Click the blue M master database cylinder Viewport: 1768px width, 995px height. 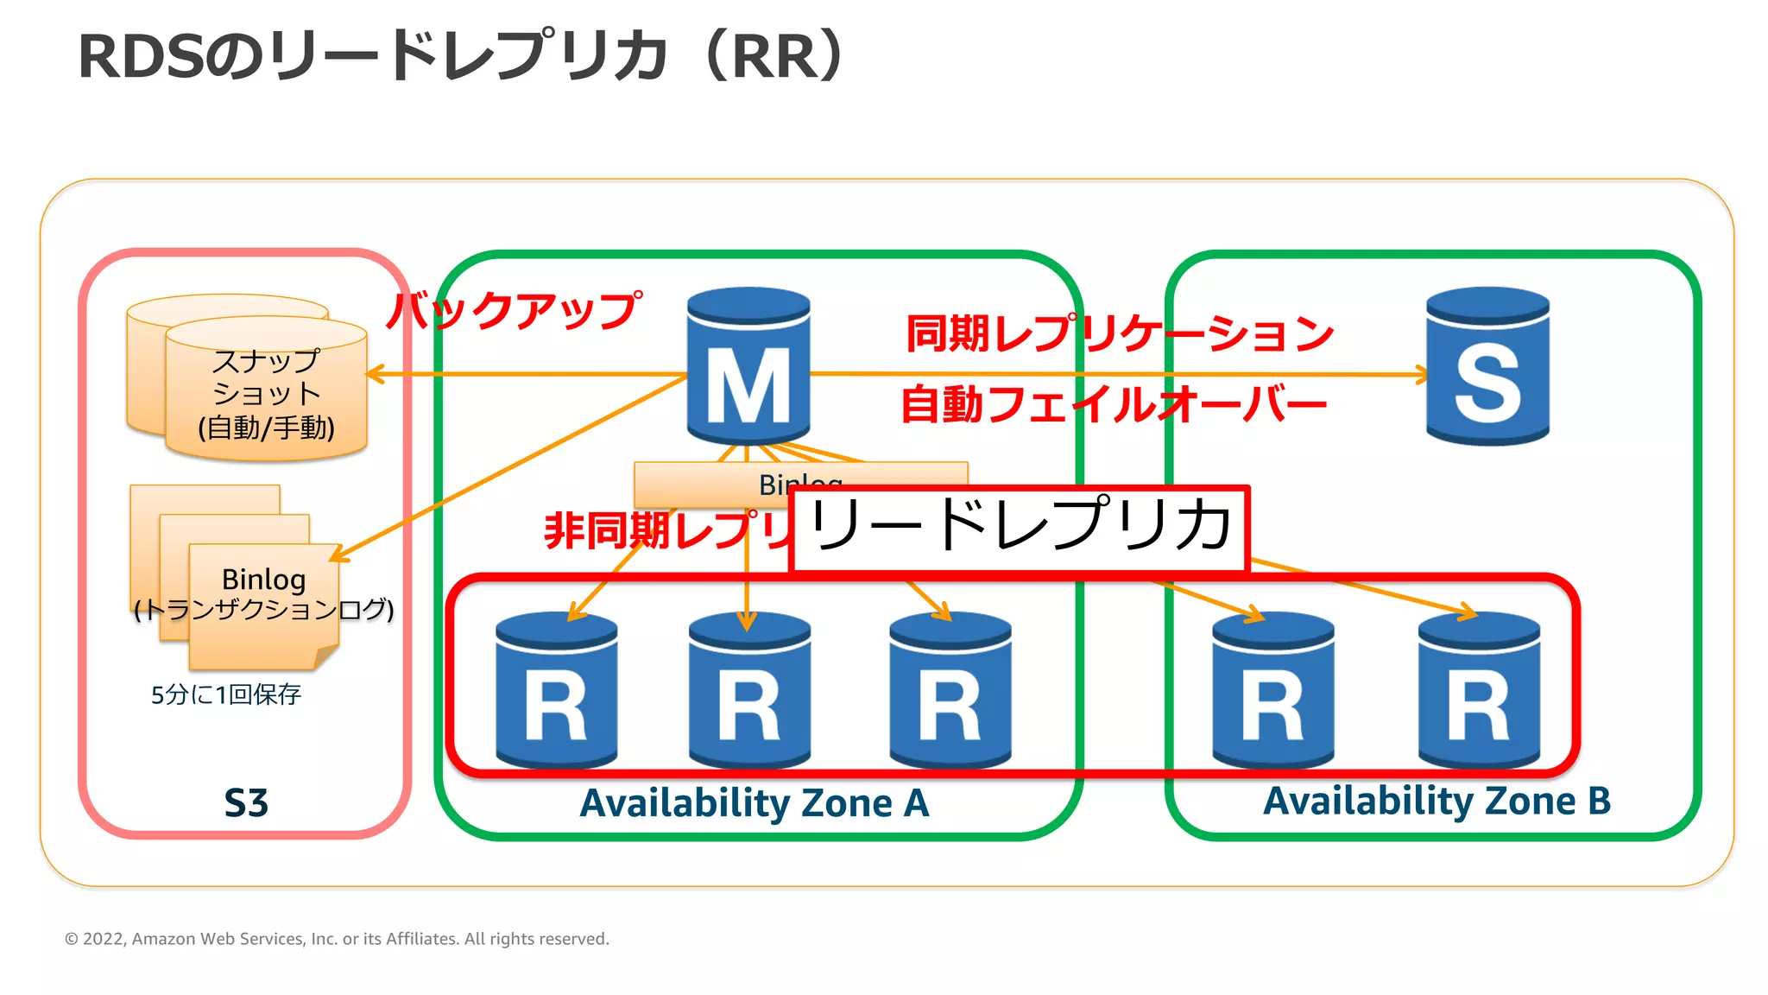(748, 366)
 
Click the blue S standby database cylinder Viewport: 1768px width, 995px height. (1487, 366)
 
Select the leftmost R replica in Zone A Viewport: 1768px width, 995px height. (556, 691)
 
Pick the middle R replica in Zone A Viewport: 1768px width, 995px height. (748, 691)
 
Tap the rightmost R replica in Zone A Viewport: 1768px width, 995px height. (950, 691)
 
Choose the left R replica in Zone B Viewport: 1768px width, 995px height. (1272, 691)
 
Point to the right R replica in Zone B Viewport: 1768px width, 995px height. (1479, 691)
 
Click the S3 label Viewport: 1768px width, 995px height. (246, 803)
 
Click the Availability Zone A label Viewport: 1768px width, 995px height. (755, 803)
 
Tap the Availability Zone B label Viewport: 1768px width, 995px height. (1436, 801)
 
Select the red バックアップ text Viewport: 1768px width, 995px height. (515, 311)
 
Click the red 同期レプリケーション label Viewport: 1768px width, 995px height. (1120, 333)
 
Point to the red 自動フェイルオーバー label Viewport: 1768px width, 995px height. (1114, 404)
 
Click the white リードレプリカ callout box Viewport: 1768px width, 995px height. (1020, 528)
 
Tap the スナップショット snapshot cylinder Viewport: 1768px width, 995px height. (266, 393)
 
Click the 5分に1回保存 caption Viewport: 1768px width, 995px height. (226, 694)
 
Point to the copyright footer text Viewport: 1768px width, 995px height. (337, 939)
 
